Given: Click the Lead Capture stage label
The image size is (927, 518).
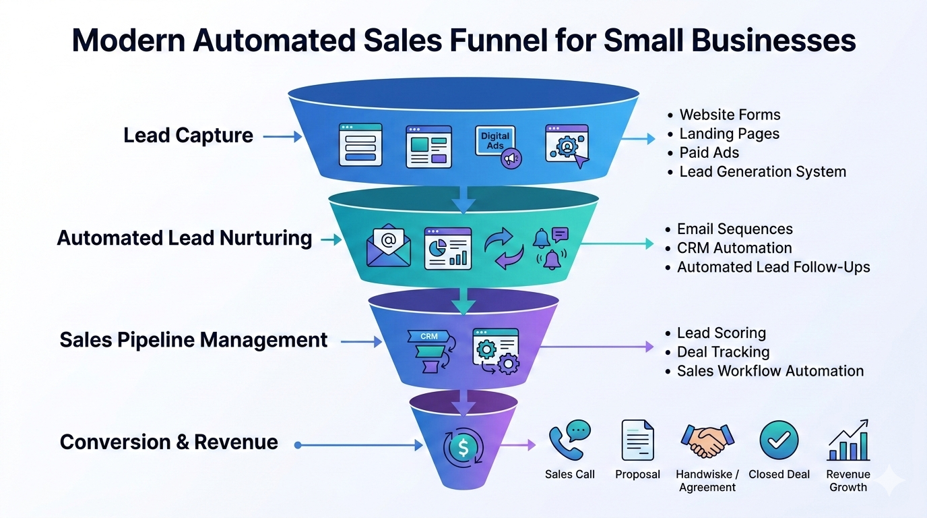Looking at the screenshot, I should pyautogui.click(x=188, y=136).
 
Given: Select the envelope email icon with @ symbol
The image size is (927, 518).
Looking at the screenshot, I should pyautogui.click(x=388, y=246).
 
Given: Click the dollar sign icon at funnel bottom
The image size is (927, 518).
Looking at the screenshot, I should pyautogui.click(x=463, y=446).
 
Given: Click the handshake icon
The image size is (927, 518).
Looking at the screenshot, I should pyautogui.click(x=707, y=441).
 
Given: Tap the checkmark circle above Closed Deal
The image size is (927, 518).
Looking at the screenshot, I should pyautogui.click(x=779, y=440).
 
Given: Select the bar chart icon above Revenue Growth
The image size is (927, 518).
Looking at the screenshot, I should pyautogui.click(x=849, y=440).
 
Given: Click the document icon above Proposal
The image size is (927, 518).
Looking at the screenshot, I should pyautogui.click(x=637, y=440).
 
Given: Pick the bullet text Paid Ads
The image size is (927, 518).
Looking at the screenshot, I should pyautogui.click(x=709, y=152).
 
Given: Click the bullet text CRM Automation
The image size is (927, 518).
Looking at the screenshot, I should pyautogui.click(x=734, y=248).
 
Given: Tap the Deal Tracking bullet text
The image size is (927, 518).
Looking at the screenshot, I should pyautogui.click(x=723, y=352).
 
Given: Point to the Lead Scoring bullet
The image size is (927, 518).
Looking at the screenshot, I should pyautogui.click(x=721, y=333).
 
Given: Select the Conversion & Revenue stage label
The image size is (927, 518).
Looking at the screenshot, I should pyautogui.click(x=169, y=442).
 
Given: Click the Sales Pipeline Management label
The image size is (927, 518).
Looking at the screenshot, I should pyautogui.click(x=193, y=340).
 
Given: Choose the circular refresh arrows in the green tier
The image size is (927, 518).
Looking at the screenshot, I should pyautogui.click(x=504, y=248).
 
